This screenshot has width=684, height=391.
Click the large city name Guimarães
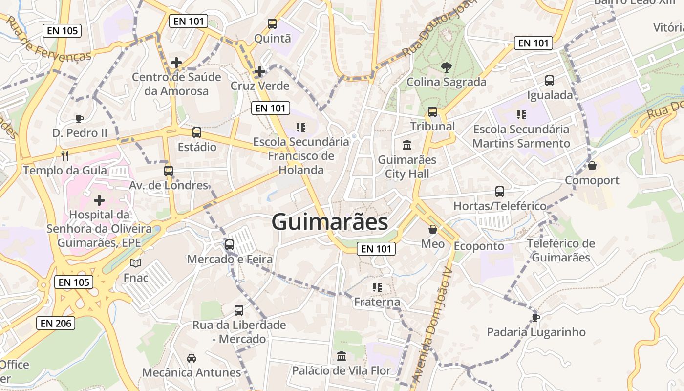click(x=330, y=222)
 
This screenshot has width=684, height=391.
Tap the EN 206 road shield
click(x=55, y=323)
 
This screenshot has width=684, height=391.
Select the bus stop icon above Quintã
click(x=272, y=23)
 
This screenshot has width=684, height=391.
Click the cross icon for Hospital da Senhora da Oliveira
click(x=99, y=200)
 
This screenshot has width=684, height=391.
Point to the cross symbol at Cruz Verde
click(x=259, y=71)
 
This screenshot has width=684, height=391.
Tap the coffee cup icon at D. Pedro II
click(x=80, y=119)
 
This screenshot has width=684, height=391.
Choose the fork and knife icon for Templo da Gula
click(x=65, y=156)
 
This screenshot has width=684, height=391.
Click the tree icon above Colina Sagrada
click(x=446, y=67)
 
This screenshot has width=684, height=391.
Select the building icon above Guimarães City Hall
click(x=407, y=145)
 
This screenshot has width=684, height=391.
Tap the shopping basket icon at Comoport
click(x=592, y=166)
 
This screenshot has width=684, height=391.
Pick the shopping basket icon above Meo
click(x=433, y=229)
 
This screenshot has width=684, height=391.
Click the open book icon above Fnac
click(x=136, y=263)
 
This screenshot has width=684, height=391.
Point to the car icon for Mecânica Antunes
click(x=192, y=358)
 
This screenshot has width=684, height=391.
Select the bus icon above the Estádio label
click(x=197, y=132)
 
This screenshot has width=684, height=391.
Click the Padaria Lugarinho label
click(x=536, y=332)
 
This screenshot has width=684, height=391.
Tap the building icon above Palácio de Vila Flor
click(x=342, y=356)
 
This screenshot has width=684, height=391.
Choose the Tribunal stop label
click(x=432, y=126)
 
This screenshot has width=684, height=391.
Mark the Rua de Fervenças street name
click(x=49, y=39)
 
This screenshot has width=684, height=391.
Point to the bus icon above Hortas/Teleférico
click(x=500, y=192)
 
